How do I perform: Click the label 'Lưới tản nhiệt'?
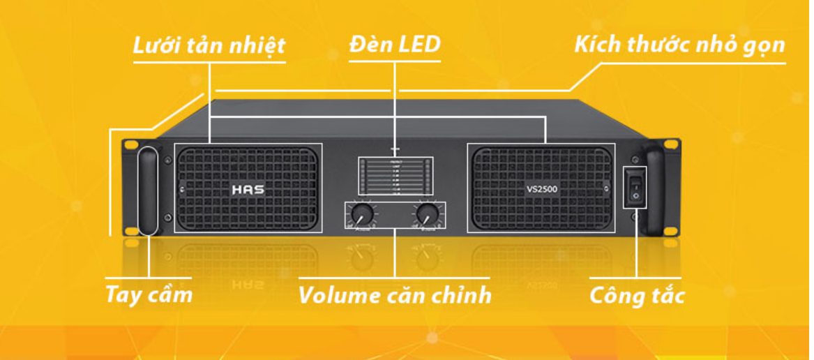click(x=209, y=46)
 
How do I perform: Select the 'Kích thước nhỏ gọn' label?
click(x=679, y=45)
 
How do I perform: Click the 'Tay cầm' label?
click(x=149, y=294)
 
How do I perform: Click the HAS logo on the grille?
click(x=247, y=189)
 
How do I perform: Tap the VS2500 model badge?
click(x=541, y=189)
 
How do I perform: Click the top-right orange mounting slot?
click(x=670, y=144)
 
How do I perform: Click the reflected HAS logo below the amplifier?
click(x=247, y=285)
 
